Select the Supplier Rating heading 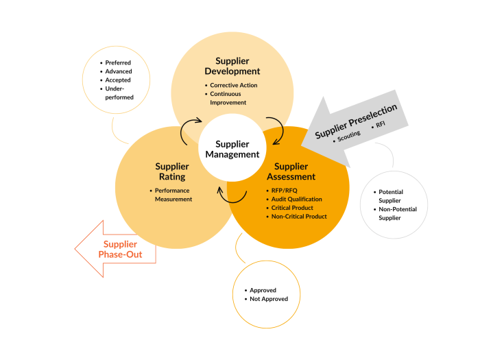tap(172, 171)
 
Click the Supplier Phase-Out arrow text tap(120, 250)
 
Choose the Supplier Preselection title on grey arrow tap(356, 121)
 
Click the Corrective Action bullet tap(233, 85)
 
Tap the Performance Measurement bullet tap(173, 195)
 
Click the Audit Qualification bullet tap(296, 199)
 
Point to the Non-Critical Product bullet tap(298, 216)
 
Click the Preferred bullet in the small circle tap(118, 63)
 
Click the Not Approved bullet tap(269, 299)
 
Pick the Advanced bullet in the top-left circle tap(119, 71)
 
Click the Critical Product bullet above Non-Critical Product tap(291, 208)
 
